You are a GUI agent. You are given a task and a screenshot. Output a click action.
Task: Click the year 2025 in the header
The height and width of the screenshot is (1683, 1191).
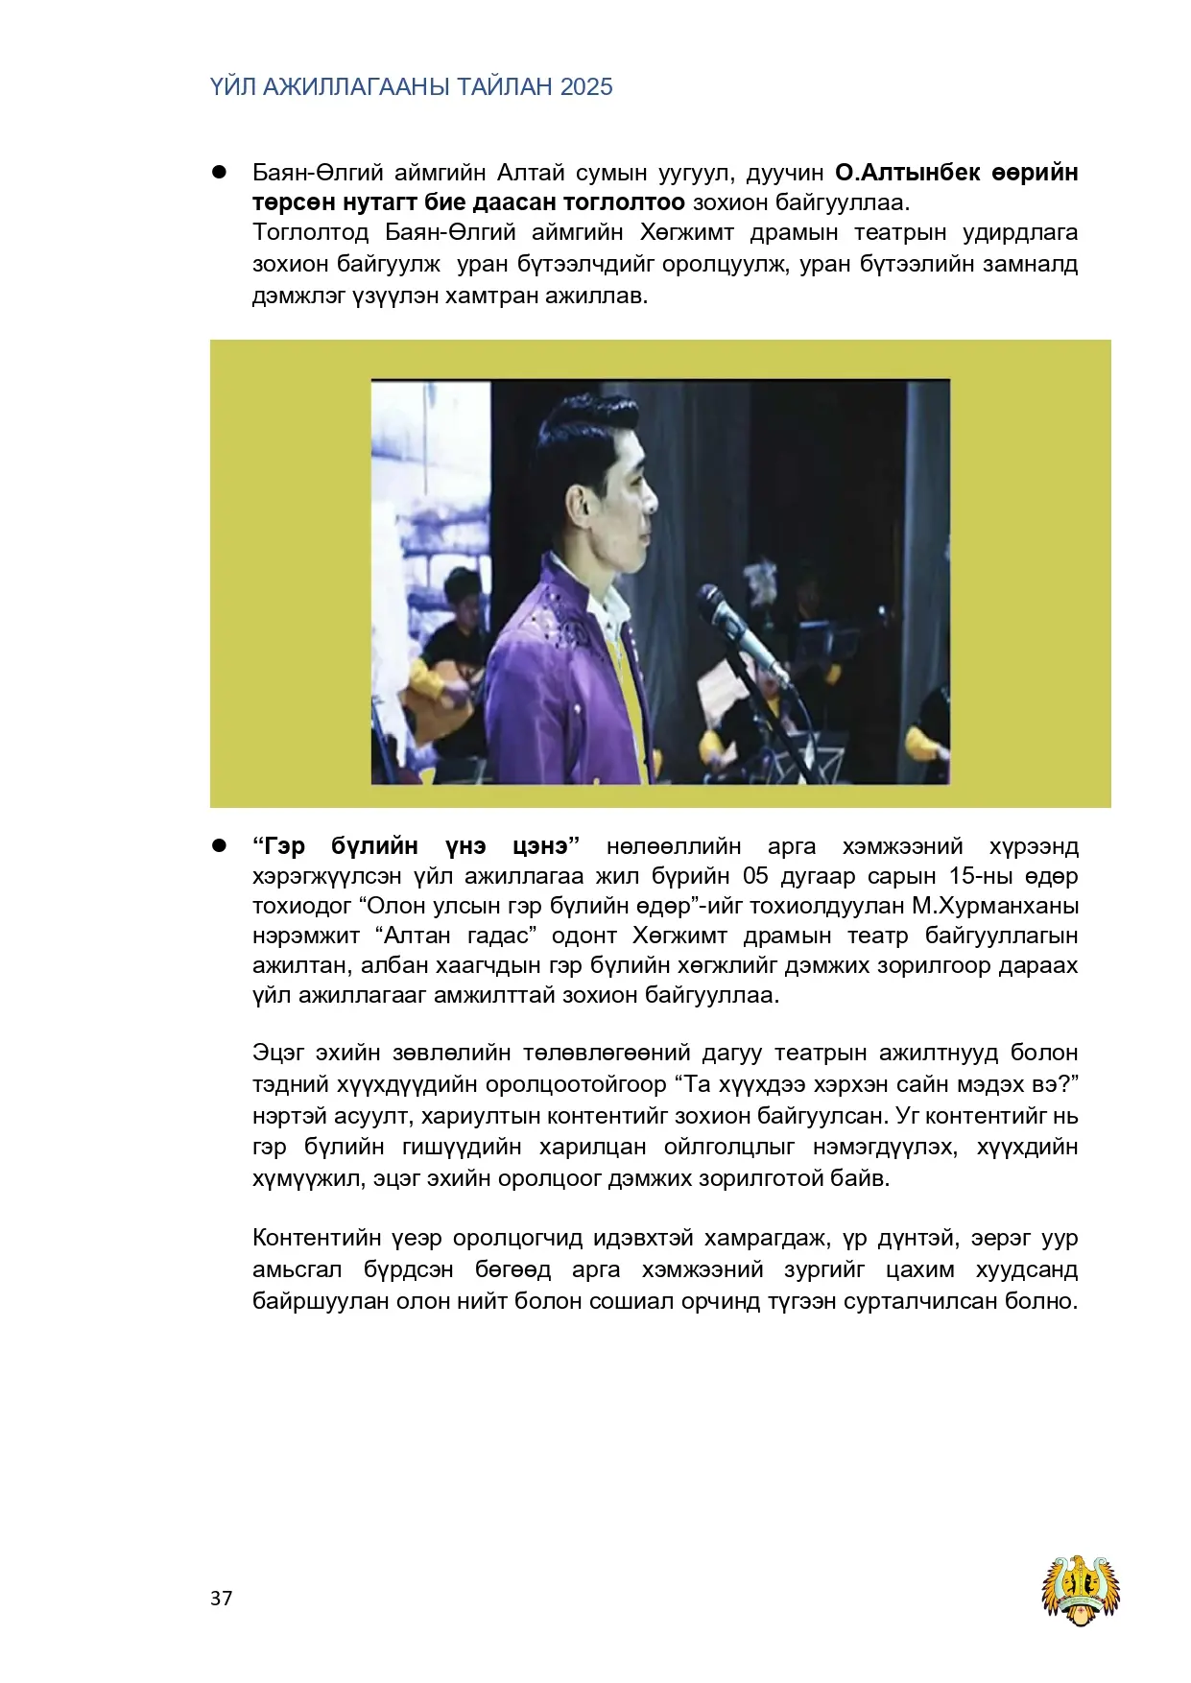[586, 87]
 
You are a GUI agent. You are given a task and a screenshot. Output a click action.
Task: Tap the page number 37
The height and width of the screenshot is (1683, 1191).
[221, 1598]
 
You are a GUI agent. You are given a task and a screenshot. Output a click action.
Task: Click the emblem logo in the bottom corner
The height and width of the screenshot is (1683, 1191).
[1082, 1589]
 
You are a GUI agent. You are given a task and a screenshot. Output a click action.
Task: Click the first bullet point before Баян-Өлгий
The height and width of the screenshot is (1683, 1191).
[219, 173]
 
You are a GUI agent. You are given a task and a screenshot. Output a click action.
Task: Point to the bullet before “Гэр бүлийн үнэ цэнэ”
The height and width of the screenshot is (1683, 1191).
[219, 845]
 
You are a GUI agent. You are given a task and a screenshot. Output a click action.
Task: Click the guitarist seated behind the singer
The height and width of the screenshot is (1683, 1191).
[451, 662]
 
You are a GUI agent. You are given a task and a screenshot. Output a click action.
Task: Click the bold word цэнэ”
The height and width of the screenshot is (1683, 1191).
[546, 846]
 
